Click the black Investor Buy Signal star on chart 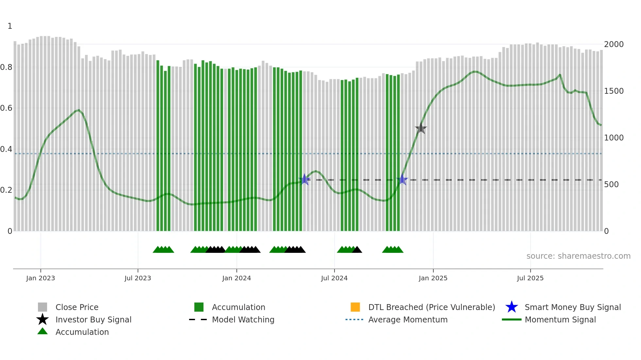click(x=421, y=129)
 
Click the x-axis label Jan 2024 click(x=236, y=278)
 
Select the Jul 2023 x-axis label click(x=138, y=278)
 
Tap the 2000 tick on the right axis click(x=614, y=44)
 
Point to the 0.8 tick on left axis click(x=6, y=67)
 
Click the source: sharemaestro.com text click(x=578, y=256)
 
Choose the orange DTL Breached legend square click(x=355, y=307)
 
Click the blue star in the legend click(x=511, y=307)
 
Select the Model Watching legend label click(x=243, y=319)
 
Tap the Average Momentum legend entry click(x=408, y=319)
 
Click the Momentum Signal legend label click(x=560, y=319)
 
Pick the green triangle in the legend click(x=43, y=331)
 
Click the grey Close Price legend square click(x=43, y=307)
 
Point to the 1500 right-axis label click(x=614, y=91)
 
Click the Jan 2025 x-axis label click(x=433, y=278)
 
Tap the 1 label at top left click(x=10, y=26)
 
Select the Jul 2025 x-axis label click(x=530, y=278)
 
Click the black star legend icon click(x=43, y=319)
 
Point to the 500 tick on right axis click(x=611, y=185)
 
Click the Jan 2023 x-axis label click(x=41, y=278)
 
